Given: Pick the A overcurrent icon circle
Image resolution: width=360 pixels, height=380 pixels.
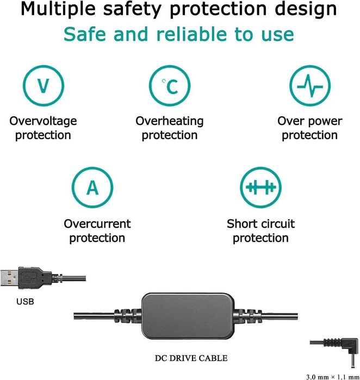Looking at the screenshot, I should (x=92, y=188).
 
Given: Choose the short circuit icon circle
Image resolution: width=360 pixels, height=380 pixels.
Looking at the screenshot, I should (x=260, y=188).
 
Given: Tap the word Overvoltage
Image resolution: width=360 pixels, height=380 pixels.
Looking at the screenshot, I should (x=43, y=121).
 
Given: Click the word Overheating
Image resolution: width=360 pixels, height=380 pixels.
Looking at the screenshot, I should (x=170, y=121).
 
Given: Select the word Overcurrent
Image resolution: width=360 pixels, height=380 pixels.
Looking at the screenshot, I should (x=97, y=223).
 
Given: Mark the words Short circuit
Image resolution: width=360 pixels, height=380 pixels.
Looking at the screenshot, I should (x=260, y=223).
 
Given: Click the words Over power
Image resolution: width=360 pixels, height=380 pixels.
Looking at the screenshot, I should (x=309, y=121).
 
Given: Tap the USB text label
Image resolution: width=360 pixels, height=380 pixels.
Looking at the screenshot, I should (x=24, y=301).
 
